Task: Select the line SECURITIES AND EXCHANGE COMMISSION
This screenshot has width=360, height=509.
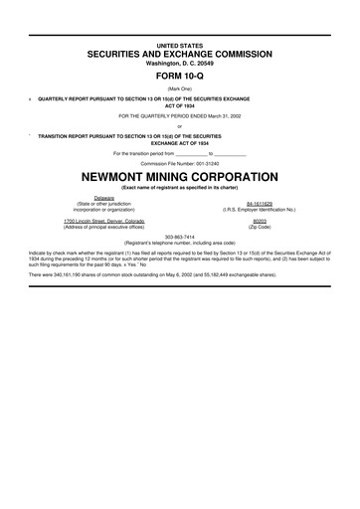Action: (179, 55)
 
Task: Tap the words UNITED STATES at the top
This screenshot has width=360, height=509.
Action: (179, 45)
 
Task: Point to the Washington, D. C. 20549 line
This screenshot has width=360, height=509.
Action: (179, 64)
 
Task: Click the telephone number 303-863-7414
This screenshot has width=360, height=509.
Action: (179, 237)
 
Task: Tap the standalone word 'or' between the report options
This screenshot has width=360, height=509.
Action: (179, 124)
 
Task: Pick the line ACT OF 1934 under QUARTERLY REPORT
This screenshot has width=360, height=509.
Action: (179, 106)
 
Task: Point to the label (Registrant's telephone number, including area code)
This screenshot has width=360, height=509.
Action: (179, 243)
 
